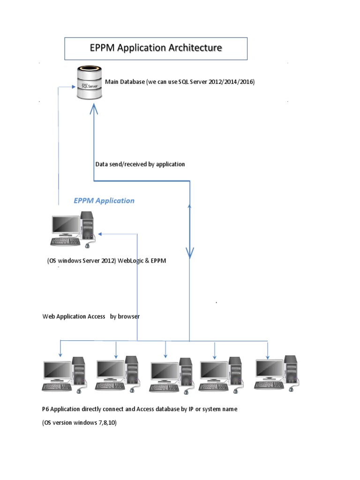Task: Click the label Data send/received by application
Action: [140, 164]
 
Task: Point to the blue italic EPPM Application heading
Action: [104, 201]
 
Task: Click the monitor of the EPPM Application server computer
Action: [66, 225]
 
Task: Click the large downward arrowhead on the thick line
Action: [190, 253]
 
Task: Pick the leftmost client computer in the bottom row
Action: [64, 375]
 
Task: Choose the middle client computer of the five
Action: [171, 375]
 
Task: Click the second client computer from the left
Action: [117, 375]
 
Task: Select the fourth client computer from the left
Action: [221, 375]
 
